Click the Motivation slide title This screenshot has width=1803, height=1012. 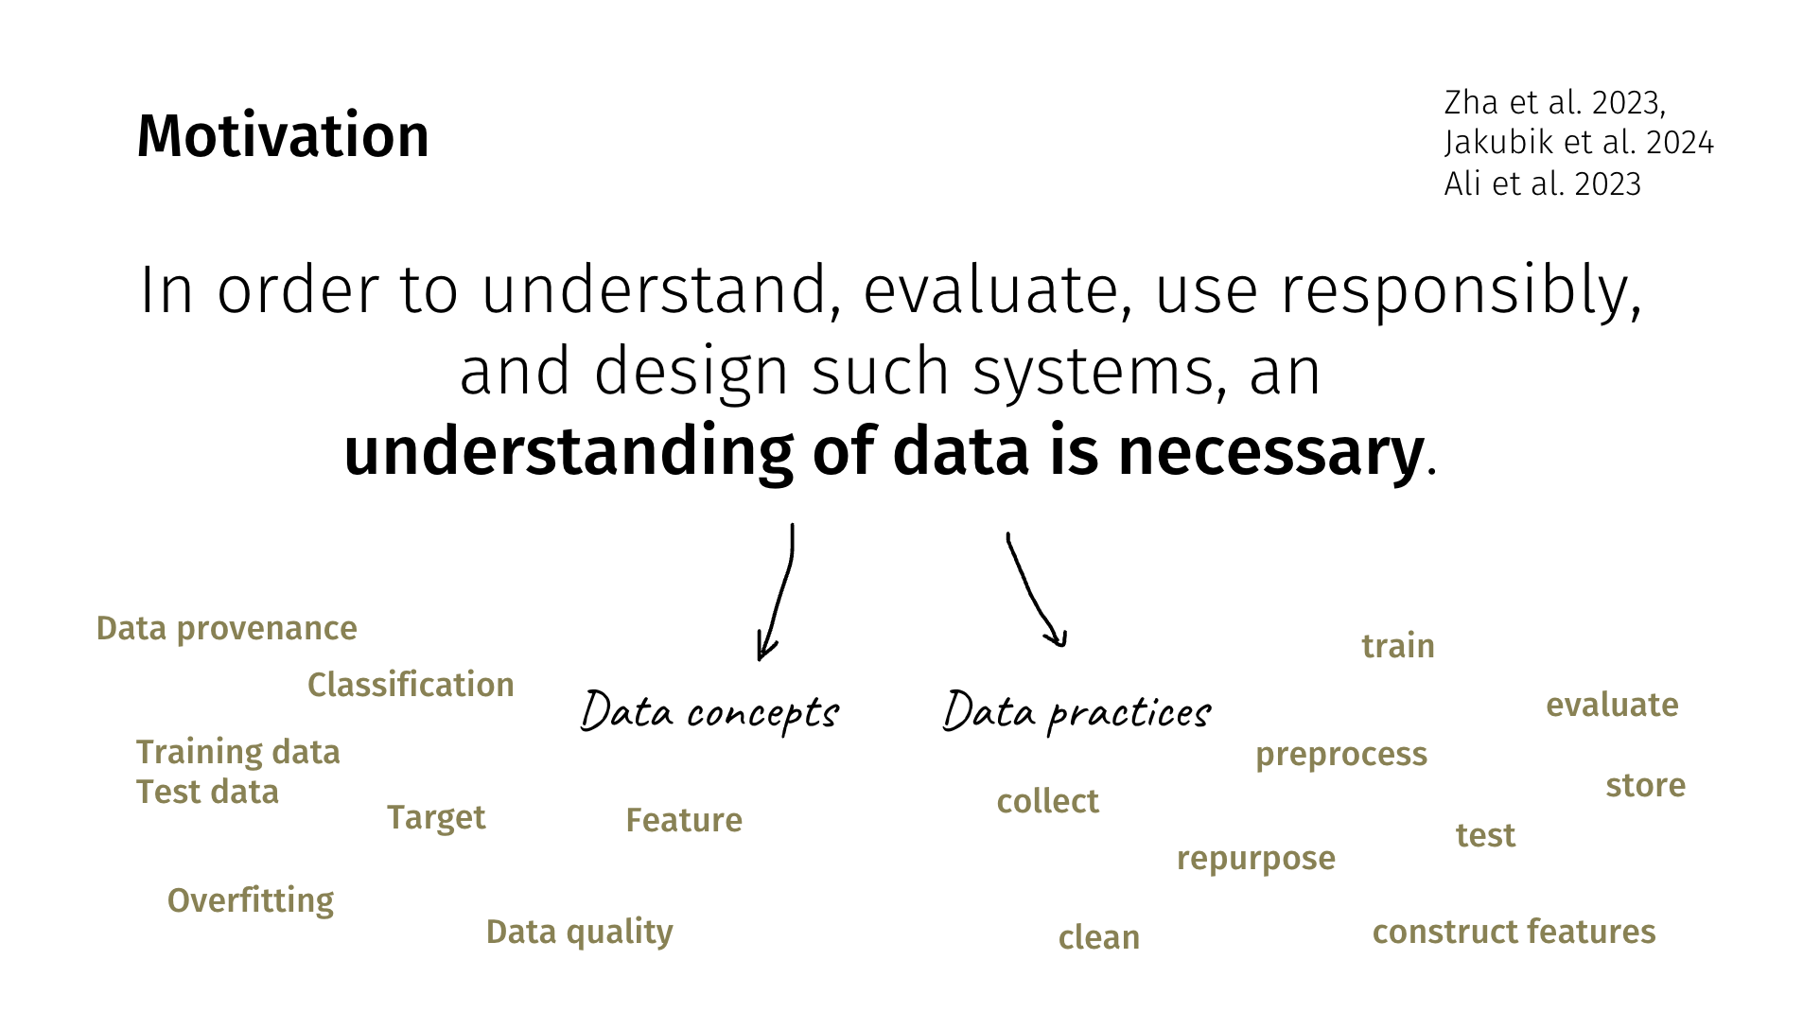click(283, 135)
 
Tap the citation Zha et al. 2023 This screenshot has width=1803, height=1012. click(1554, 102)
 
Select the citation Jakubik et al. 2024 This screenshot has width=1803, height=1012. click(1579, 143)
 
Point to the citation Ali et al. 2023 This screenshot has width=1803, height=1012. click(1542, 183)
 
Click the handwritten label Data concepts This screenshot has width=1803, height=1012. click(709, 712)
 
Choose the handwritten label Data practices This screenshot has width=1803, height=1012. click(1077, 712)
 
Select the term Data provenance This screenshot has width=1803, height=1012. click(227, 629)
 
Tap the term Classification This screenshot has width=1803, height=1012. click(411, 685)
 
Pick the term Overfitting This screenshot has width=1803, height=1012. click(251, 901)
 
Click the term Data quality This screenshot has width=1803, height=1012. click(580, 933)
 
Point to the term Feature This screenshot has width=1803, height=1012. click(684, 820)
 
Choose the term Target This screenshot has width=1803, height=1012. click(436, 818)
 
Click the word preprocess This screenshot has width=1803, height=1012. click(1341, 755)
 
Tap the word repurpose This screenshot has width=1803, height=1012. click(1256, 859)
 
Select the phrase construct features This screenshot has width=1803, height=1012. click(1514, 932)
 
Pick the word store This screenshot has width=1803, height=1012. click(1646, 785)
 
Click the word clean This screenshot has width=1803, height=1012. click(1099, 937)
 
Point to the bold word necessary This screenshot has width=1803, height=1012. click(1270, 452)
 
